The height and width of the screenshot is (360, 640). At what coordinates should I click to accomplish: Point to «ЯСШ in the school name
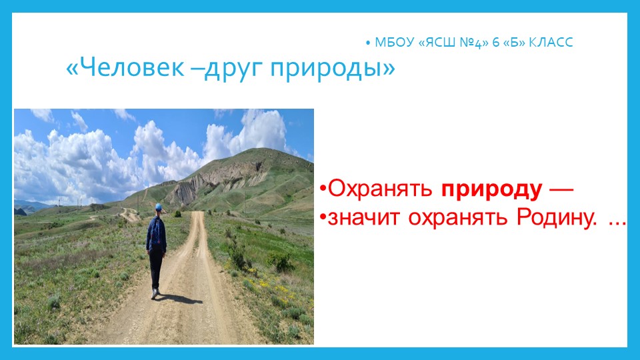click(x=437, y=43)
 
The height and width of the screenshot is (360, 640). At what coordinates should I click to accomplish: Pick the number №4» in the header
click(x=475, y=43)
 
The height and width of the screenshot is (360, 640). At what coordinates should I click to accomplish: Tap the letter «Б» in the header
click(x=513, y=43)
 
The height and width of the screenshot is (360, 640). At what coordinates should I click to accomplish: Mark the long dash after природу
click(x=559, y=189)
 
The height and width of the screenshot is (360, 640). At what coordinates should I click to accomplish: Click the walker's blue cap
click(x=158, y=208)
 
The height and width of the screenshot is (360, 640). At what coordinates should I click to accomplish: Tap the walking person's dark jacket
click(x=157, y=233)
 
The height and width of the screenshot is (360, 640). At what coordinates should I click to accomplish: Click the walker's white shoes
click(x=155, y=293)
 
